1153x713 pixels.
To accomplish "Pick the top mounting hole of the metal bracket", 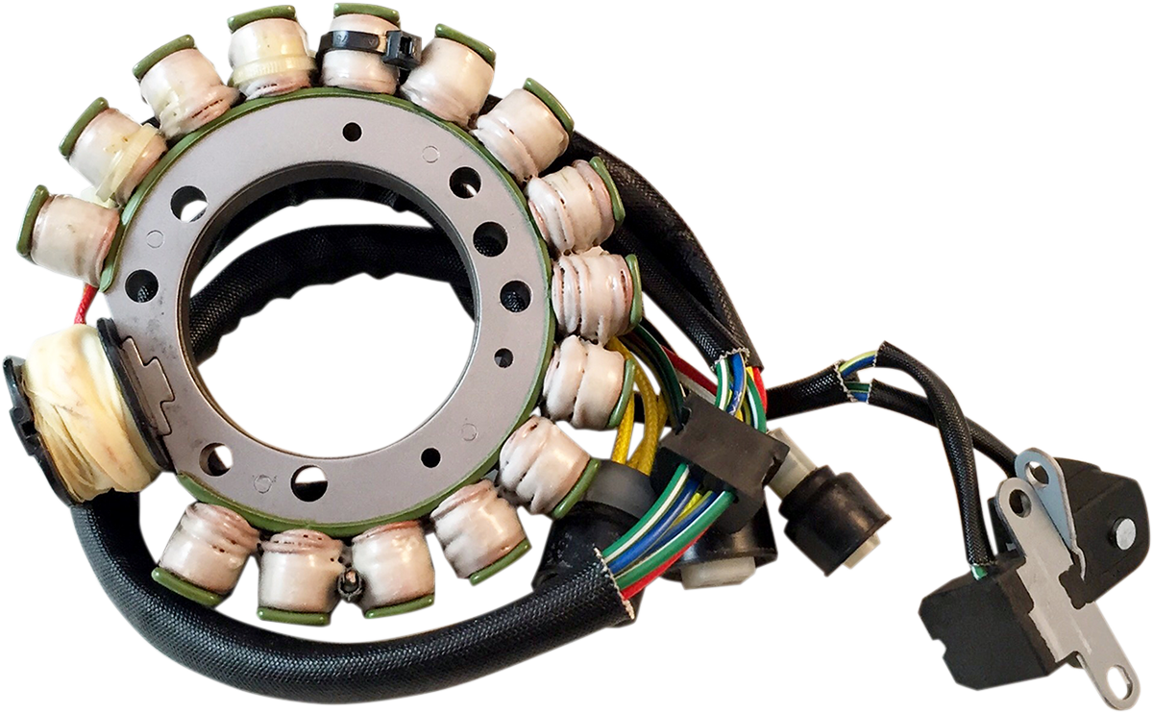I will (x=1036, y=474).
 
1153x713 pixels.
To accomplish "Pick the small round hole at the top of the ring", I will (x=352, y=132).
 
